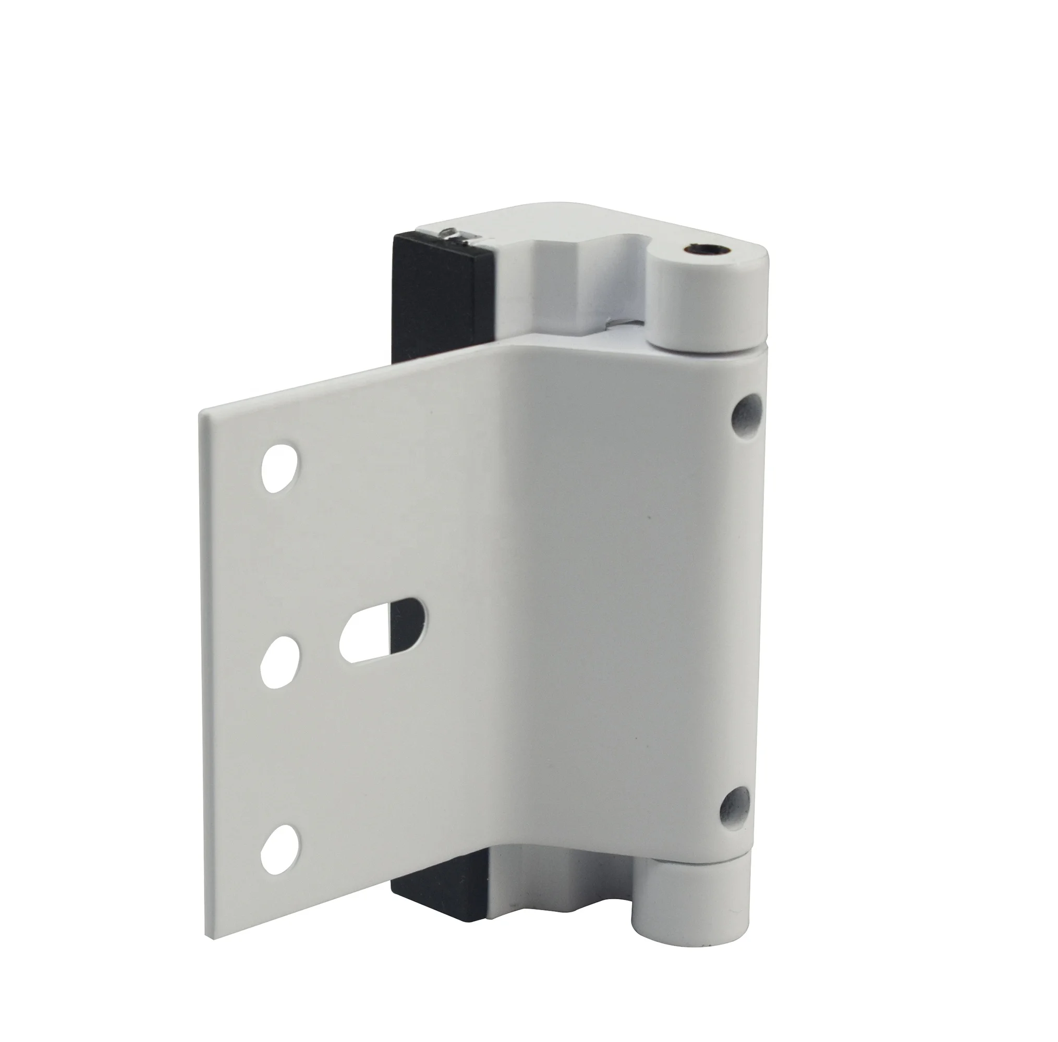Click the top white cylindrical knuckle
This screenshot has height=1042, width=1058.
707,306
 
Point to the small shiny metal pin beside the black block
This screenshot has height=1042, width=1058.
451,232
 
